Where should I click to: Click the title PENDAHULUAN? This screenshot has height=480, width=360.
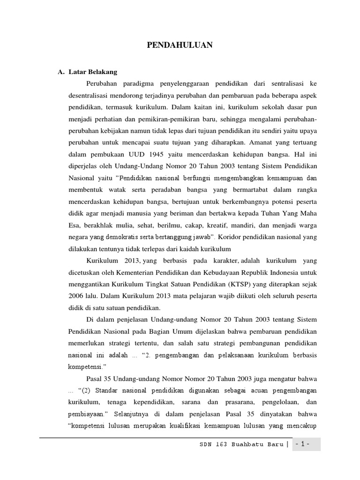(180, 45)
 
